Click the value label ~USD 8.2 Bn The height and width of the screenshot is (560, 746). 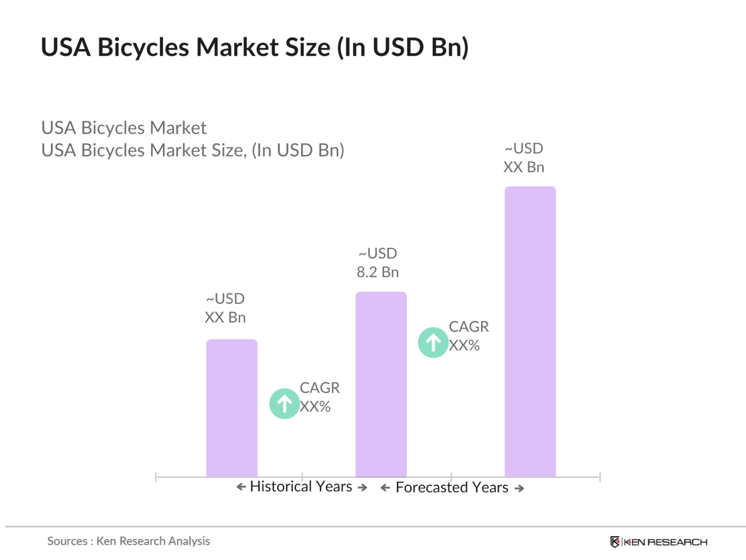(377, 263)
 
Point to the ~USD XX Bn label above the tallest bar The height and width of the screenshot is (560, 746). (523, 158)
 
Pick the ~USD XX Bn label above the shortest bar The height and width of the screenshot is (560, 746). (225, 308)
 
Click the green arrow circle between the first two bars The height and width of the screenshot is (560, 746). (284, 403)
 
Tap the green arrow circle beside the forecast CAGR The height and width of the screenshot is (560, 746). (433, 342)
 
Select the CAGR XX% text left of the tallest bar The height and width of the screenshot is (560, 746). (468, 336)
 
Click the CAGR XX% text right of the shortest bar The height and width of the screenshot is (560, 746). (319, 397)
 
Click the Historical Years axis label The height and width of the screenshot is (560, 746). (301, 486)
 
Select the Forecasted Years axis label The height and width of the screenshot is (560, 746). (451, 487)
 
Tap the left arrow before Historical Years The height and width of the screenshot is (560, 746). (241, 487)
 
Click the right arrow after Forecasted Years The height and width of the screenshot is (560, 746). (519, 488)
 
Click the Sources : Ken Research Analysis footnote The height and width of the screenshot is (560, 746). (128, 541)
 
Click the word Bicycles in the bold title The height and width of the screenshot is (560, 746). (143, 47)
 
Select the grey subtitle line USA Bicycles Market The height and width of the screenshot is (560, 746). (124, 128)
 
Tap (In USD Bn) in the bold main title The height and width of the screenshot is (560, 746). (402, 47)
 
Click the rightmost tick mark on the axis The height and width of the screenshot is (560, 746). (600, 477)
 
